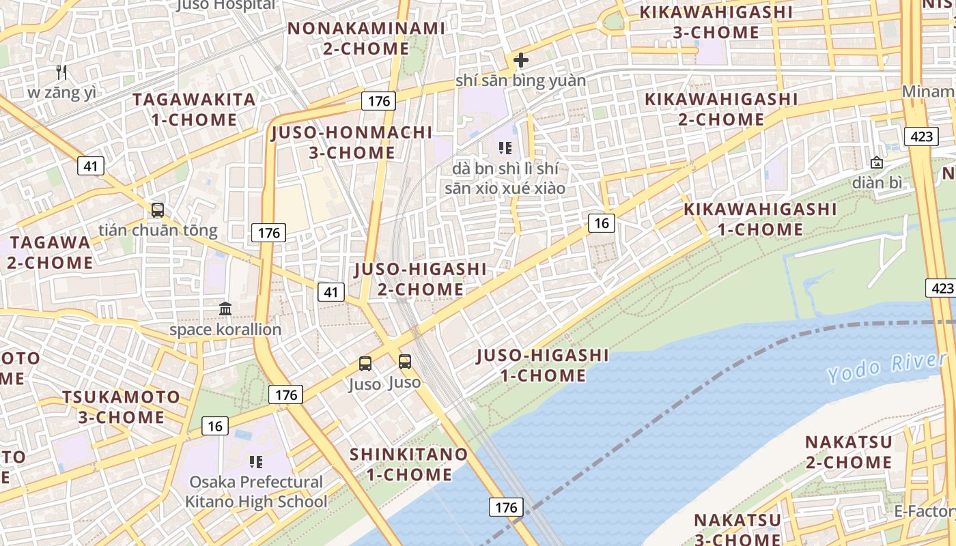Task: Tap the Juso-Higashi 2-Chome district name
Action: pos(421,279)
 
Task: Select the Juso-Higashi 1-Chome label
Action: pos(543,365)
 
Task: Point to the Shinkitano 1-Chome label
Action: pos(409,464)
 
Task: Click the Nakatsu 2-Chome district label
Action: pos(848,452)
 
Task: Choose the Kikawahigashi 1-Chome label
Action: pos(760,219)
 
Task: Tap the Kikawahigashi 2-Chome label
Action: pos(721,109)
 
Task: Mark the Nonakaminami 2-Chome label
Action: pos(366,39)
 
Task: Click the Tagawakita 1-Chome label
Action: pos(194,109)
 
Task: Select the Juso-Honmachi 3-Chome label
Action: pos(352,142)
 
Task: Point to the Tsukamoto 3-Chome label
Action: pos(121,407)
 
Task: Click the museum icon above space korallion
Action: pos(225,309)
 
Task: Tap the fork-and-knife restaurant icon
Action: pos(62,72)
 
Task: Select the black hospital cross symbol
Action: pos(521,60)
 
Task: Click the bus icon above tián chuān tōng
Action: pos(158,210)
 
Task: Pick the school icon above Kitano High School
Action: pos(256,462)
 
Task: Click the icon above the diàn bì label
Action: pos(876,162)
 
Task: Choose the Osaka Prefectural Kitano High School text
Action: pos(256,492)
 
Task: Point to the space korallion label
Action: pos(225,330)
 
